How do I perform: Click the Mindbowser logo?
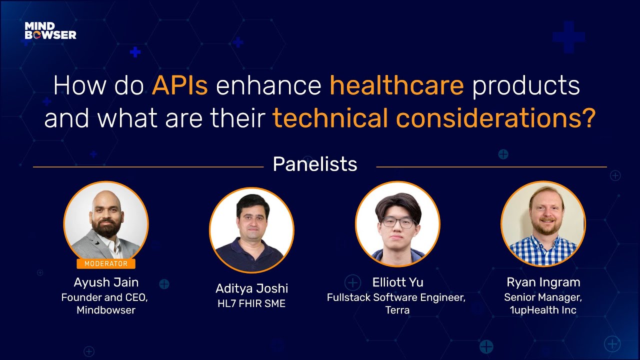pos(50,30)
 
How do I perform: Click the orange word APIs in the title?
pos(180,86)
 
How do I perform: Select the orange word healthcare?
pos(396,86)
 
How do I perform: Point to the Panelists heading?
pos(315,164)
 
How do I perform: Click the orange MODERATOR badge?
pos(105,263)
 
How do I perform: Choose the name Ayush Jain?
pos(105,282)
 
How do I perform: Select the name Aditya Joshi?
pos(251,288)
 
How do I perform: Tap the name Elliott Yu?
pos(397,282)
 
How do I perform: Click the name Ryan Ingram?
pos(543,282)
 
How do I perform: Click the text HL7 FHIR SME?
pos(251,303)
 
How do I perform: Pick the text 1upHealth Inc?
pos(543,310)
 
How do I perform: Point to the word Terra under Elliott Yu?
pos(397,310)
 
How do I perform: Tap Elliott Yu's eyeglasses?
pos(398,223)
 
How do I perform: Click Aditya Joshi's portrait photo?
pos(251,230)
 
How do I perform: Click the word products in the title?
pos(525,86)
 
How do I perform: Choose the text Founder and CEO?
pos(105,297)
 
